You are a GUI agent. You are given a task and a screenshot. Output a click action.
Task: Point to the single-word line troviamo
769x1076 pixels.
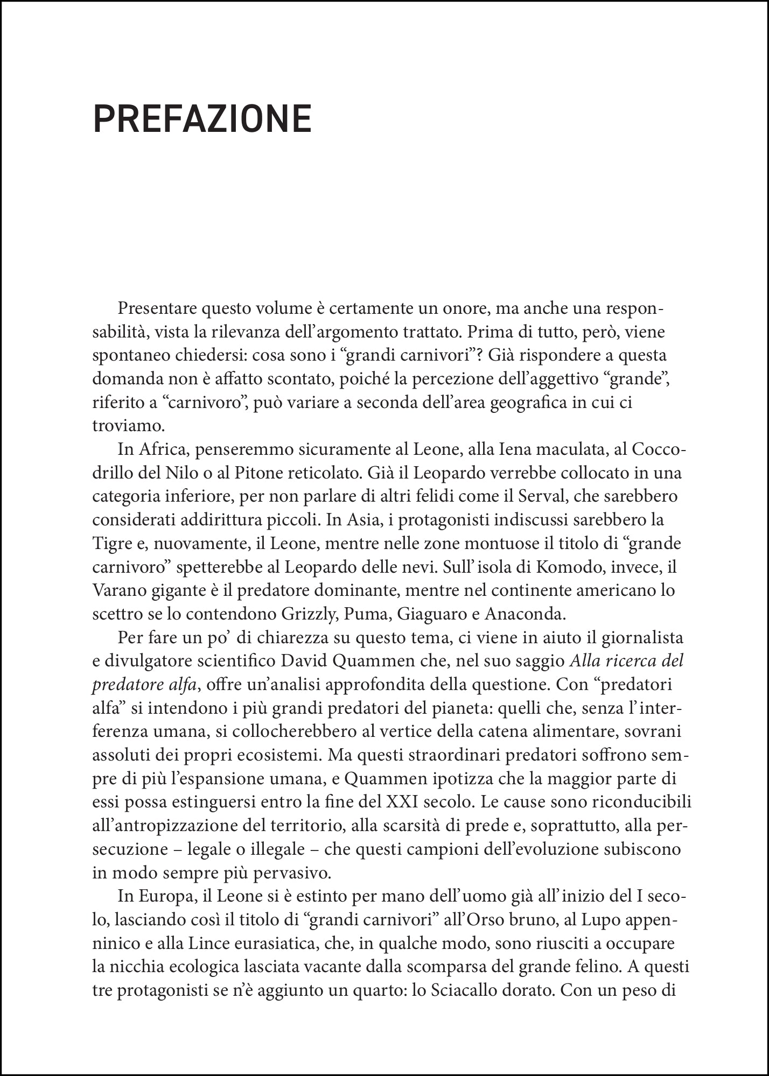point(127,426)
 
